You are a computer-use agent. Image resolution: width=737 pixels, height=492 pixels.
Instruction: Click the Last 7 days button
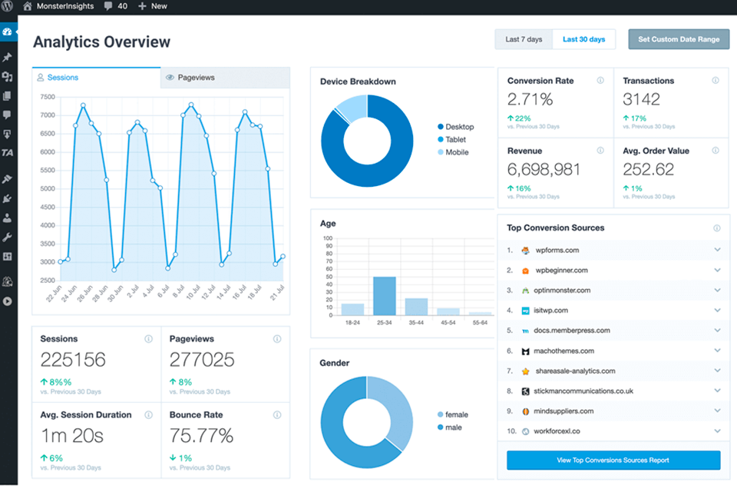click(x=524, y=39)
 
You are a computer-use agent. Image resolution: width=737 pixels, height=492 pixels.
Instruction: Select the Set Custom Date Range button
click(x=679, y=39)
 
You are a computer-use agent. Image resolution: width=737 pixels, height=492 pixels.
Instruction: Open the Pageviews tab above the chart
click(x=196, y=78)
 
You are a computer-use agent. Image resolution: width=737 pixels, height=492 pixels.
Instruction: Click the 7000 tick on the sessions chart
click(x=47, y=115)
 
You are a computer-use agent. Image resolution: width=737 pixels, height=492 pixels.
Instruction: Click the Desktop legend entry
click(x=459, y=127)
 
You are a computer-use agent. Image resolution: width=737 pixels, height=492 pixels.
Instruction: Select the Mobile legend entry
click(x=457, y=152)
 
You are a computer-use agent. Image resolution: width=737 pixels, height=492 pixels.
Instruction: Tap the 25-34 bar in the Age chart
click(x=384, y=295)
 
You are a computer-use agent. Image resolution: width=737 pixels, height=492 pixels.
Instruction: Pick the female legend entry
click(x=456, y=414)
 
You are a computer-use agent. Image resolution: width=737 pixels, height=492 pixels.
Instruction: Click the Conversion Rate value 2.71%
click(x=530, y=99)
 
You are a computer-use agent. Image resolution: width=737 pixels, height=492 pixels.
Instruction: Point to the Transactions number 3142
click(x=641, y=99)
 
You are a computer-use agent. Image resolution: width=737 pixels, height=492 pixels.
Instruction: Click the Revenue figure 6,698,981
click(x=543, y=170)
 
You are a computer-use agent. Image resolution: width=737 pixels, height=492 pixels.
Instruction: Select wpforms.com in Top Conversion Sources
click(x=557, y=250)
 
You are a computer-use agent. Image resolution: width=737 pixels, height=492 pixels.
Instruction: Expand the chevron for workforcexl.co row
click(x=717, y=430)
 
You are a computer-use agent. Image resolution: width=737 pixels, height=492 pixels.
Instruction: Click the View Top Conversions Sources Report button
click(x=613, y=460)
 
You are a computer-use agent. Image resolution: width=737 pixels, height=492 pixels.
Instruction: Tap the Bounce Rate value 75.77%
click(x=201, y=436)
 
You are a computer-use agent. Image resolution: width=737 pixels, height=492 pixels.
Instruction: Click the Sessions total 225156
click(x=73, y=360)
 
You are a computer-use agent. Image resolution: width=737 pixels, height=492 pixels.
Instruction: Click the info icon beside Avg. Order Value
click(x=715, y=151)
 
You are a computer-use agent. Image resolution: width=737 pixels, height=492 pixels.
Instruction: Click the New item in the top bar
click(x=153, y=6)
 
